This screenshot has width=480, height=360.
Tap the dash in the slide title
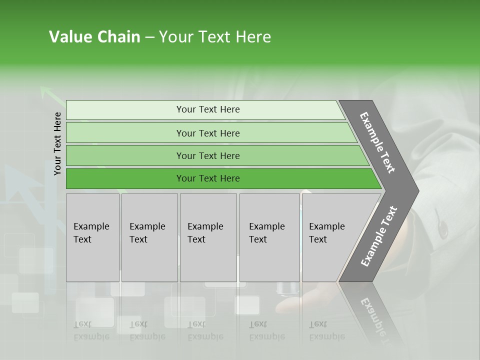[149, 37]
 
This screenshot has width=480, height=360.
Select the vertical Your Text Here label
[57, 143]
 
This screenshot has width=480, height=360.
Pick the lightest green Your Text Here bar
[207, 109]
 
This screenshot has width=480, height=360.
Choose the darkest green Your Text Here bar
[207, 178]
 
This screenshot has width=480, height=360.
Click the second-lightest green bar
[207, 133]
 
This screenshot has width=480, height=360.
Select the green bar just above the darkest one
[207, 155]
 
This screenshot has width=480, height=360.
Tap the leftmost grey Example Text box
[92, 237]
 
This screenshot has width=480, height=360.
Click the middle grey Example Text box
[208, 237]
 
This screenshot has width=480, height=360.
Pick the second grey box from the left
[149, 237]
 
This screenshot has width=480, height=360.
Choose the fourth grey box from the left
[269, 237]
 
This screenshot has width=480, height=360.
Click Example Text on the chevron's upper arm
[378, 142]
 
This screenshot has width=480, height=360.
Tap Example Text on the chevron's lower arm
[379, 236]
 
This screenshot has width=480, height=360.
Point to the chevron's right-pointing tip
[414, 190]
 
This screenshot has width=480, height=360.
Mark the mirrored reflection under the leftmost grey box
[91, 330]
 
